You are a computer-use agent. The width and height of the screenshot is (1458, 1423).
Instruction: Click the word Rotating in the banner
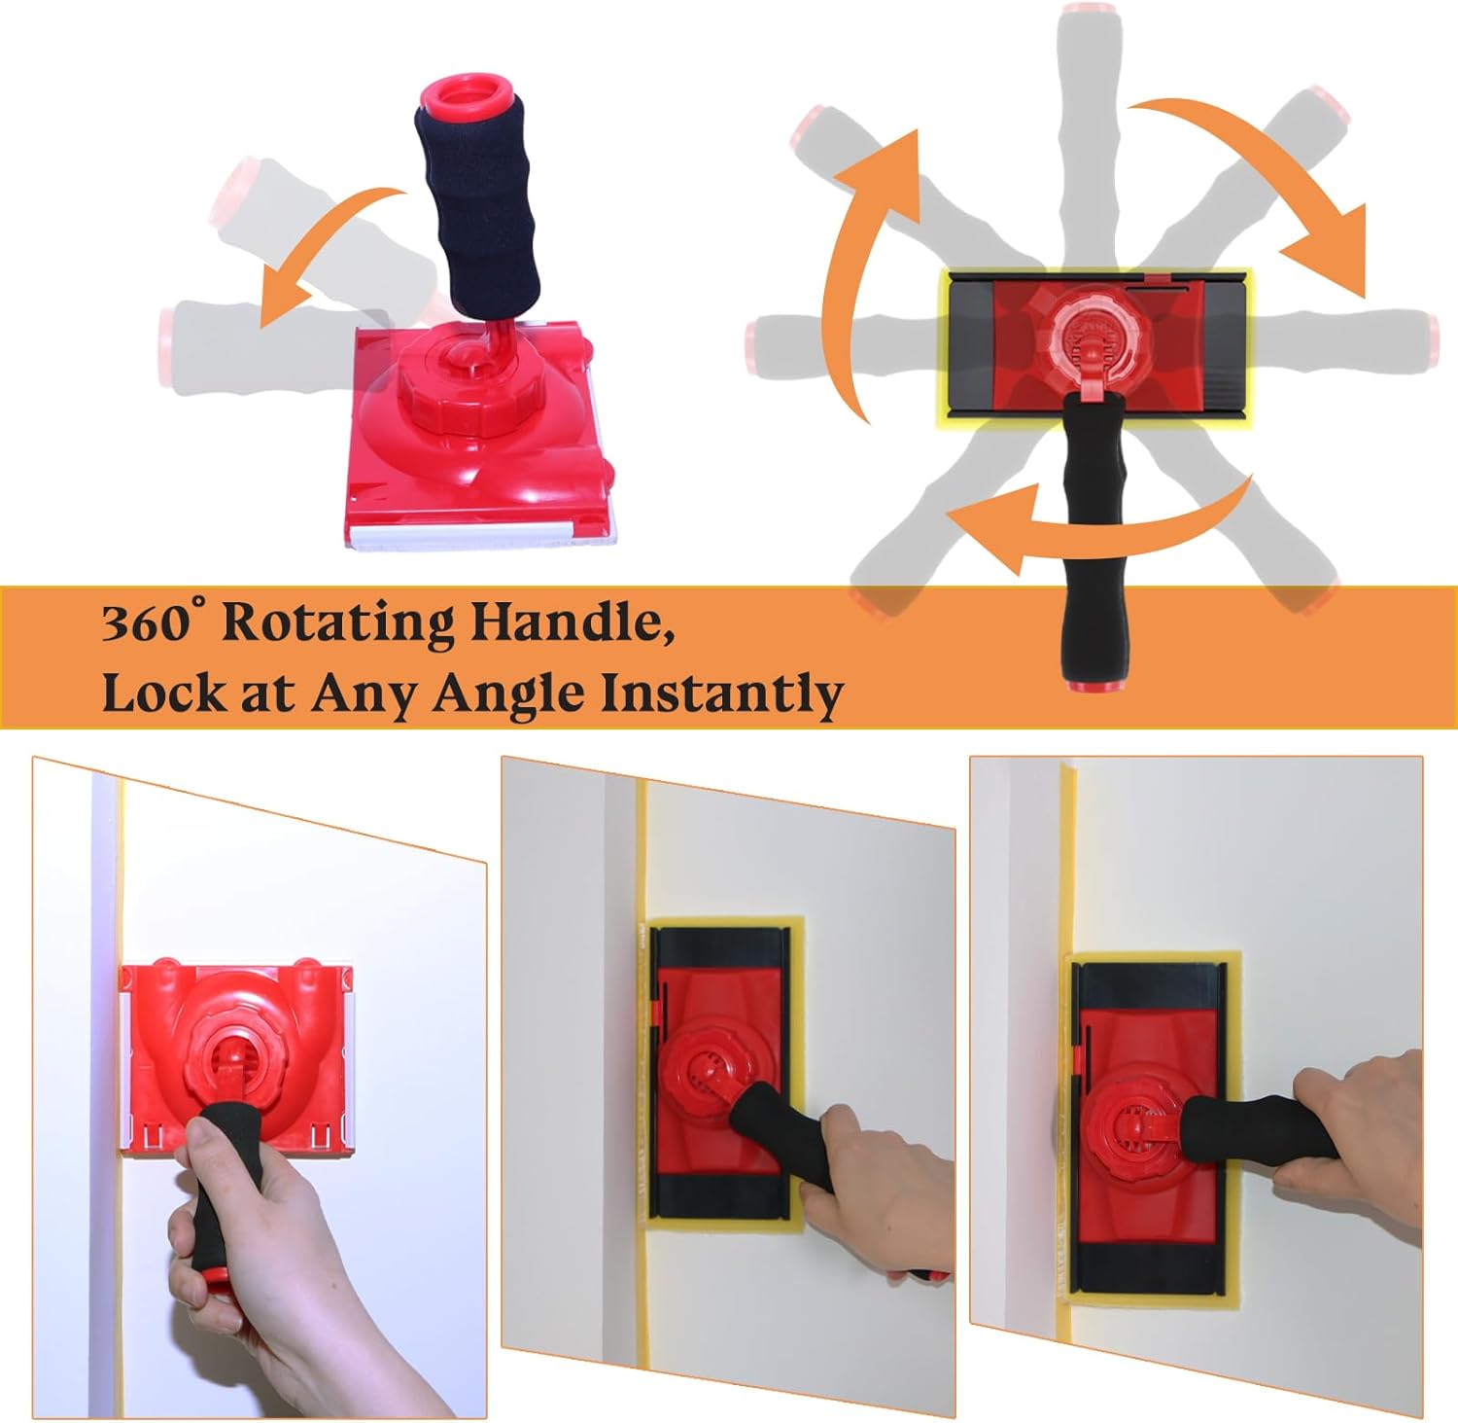(337, 623)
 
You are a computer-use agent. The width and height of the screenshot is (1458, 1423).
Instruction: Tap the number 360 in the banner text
(146, 623)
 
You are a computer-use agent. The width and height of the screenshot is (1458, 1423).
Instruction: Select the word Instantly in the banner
(721, 694)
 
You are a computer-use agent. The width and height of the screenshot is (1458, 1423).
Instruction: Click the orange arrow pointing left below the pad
(1098, 525)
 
